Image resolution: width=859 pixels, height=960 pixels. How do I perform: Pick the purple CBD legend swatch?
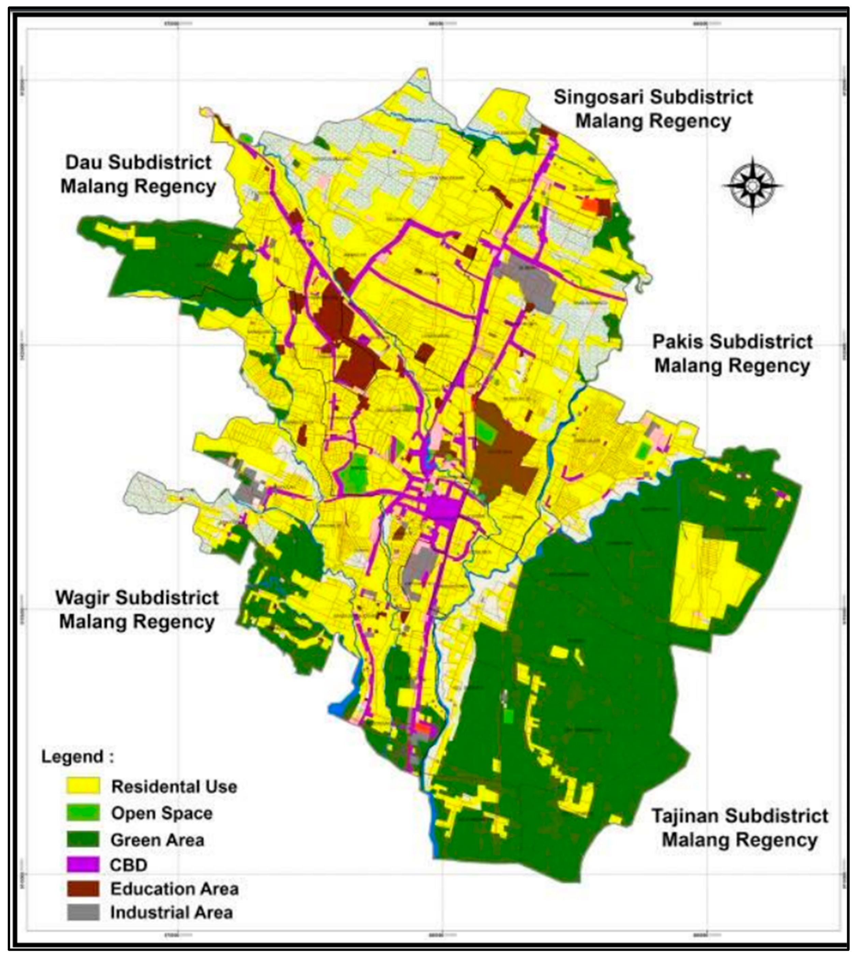(x=83, y=865)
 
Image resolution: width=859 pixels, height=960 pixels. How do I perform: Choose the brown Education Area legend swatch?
(x=83, y=889)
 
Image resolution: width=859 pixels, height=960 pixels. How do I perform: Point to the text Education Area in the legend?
(x=174, y=889)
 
